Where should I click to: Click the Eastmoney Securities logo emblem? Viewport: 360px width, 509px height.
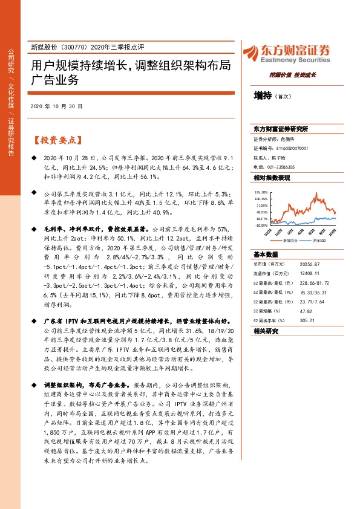coord(250,51)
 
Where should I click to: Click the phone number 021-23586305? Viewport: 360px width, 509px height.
coord(284,166)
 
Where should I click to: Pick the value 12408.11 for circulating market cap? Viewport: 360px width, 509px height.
coord(301,273)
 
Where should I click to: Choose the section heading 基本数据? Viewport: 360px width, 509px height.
coord(266,254)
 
